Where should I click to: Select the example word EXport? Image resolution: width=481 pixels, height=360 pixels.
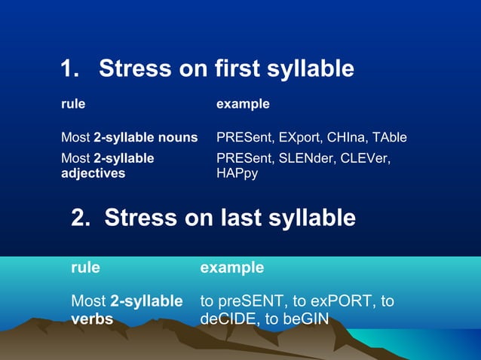299,138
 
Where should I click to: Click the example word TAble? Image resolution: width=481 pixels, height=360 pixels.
388,138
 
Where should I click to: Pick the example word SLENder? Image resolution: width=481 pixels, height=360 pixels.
307,158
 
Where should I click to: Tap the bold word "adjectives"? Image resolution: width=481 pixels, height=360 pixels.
93,173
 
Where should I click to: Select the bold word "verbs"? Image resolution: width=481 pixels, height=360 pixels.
92,319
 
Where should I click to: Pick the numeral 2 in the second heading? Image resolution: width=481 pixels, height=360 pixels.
78,218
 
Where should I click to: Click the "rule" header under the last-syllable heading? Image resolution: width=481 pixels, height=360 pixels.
85,267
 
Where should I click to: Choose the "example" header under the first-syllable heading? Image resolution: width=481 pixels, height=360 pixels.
243,104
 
